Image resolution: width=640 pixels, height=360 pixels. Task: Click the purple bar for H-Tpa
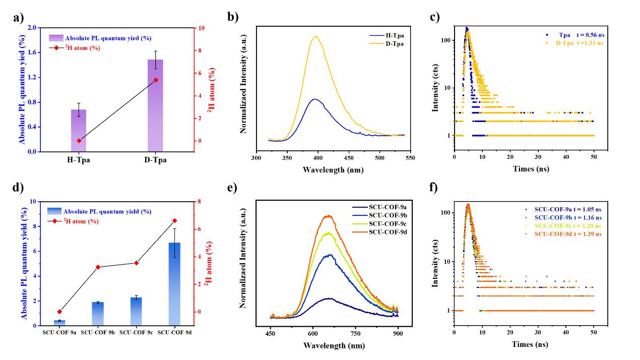pyautogui.click(x=79, y=131)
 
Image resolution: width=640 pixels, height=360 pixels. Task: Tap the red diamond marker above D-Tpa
pyautogui.click(x=156, y=80)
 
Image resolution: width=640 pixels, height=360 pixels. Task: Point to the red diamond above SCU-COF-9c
pyautogui.click(x=136, y=263)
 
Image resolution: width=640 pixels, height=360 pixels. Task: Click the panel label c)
pyautogui.click(x=435, y=17)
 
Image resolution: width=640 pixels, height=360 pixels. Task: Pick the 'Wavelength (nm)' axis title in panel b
pyautogui.click(x=333, y=169)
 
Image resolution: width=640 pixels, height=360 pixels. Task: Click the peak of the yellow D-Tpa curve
pyautogui.click(x=316, y=36)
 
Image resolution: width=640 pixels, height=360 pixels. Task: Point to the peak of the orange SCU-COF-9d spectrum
pyautogui.click(x=329, y=216)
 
